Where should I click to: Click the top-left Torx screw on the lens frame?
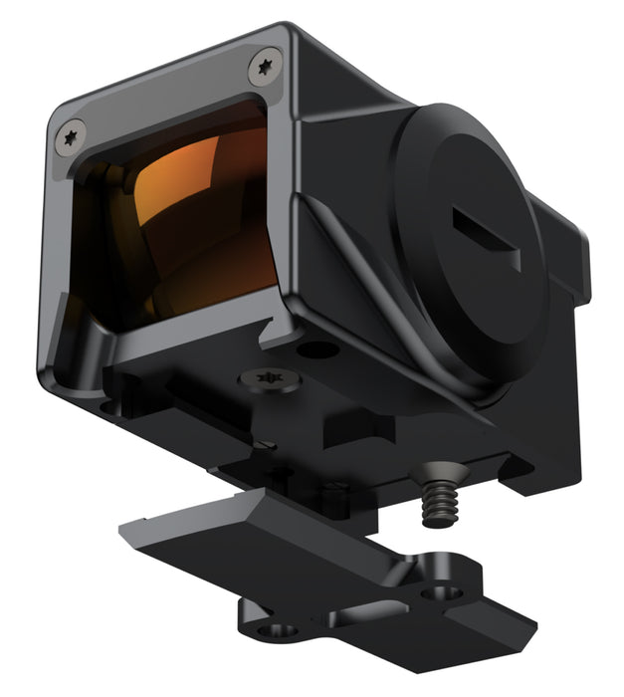point(71,137)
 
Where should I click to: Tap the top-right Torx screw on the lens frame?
point(264,66)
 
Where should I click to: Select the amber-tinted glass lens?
point(179,224)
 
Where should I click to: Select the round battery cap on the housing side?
point(468,249)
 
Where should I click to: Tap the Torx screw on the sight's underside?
point(268,379)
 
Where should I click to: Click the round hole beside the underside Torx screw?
point(318,350)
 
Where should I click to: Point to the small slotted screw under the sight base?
point(262,444)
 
